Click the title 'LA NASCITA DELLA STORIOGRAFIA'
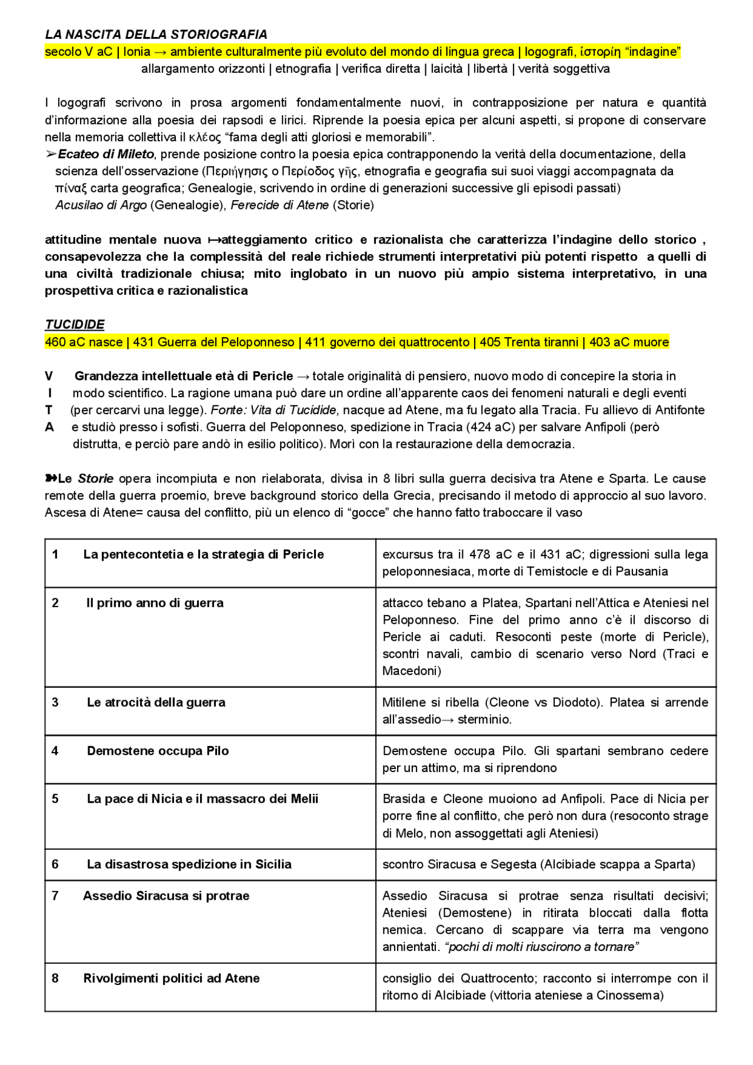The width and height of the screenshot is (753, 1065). (156, 35)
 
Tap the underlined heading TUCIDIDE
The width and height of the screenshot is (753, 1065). (75, 325)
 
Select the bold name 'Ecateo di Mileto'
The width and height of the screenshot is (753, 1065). (106, 154)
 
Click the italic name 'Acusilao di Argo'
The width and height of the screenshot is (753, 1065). (101, 205)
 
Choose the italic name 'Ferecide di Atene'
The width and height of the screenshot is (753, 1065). (279, 205)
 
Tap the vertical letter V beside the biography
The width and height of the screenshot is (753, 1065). (49, 377)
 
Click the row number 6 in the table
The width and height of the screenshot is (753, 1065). (55, 864)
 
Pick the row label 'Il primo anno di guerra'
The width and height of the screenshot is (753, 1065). (155, 603)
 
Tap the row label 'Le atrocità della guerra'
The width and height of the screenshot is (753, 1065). (156, 703)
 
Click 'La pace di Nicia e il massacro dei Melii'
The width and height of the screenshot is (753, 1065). (202, 799)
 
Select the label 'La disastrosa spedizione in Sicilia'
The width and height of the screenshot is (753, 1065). (189, 864)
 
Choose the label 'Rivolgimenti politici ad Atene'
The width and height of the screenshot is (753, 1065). (171, 979)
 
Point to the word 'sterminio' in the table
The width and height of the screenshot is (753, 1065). (485, 720)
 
